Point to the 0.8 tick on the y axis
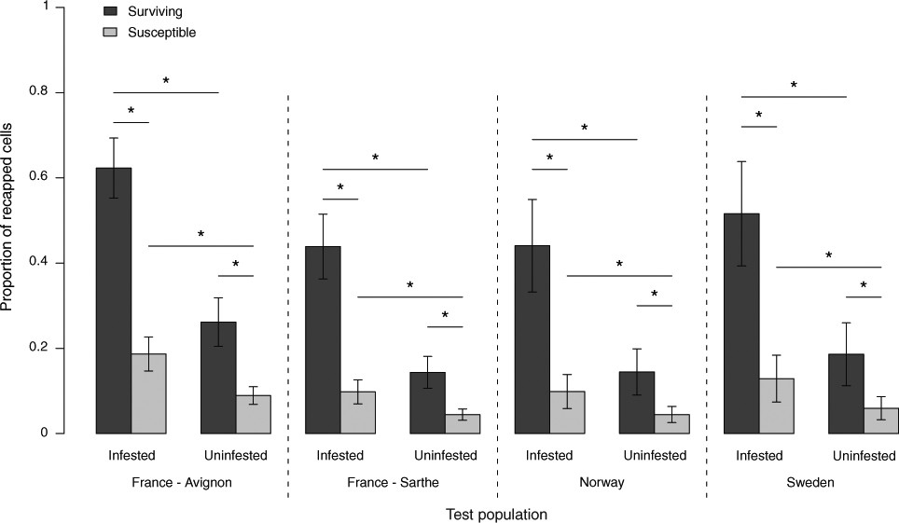58,93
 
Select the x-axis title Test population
495,514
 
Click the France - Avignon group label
183,483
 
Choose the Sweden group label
809,483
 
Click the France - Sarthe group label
392,483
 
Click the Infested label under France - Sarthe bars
339,456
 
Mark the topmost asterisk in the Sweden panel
794,86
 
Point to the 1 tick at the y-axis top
58,8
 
